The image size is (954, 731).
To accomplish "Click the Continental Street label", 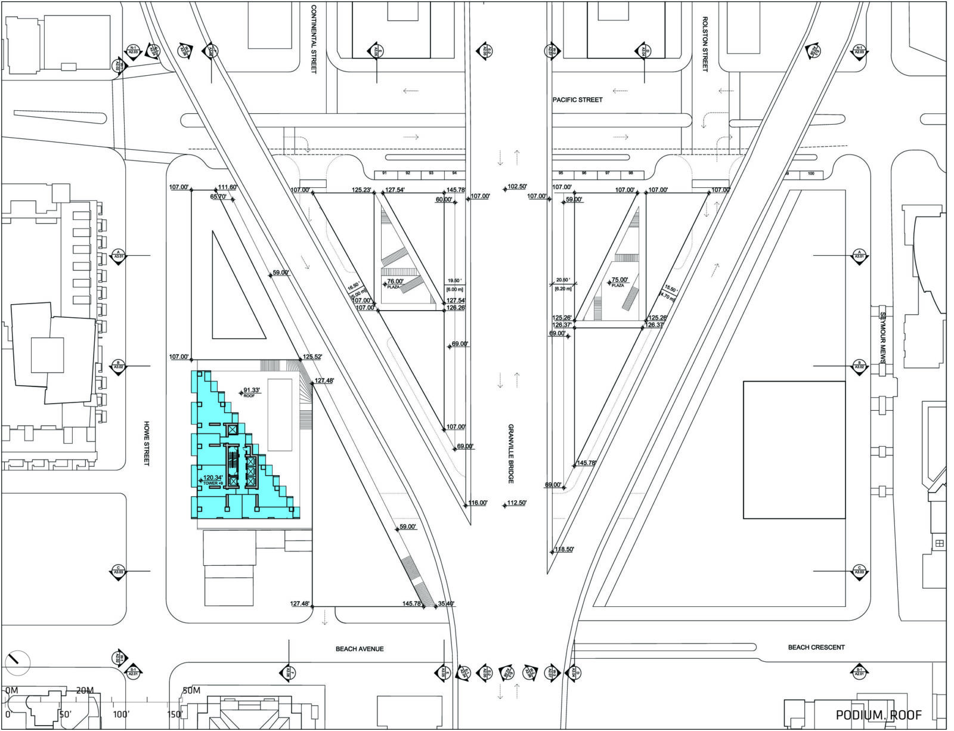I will pyautogui.click(x=314, y=40).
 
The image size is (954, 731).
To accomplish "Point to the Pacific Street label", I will pyautogui.click(x=577, y=100).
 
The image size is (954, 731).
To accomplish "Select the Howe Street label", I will pyautogui.click(x=146, y=444).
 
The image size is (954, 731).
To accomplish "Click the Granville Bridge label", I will pyautogui.click(x=511, y=454).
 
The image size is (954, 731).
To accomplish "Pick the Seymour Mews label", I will pyautogui.click(x=883, y=338).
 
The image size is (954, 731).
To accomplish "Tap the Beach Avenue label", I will pyautogui.click(x=360, y=649).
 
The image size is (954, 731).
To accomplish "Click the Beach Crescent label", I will pyautogui.click(x=816, y=647).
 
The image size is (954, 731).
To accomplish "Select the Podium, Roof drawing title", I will pyautogui.click(x=878, y=715).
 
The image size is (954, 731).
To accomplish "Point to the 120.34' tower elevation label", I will pyautogui.click(x=213, y=478).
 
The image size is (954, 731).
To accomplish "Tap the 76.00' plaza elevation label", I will pyautogui.click(x=395, y=282).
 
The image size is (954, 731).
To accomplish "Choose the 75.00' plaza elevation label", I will pyautogui.click(x=619, y=280).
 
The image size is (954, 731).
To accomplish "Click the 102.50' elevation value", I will pyautogui.click(x=517, y=187).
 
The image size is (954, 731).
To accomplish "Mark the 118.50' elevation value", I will pyautogui.click(x=564, y=549).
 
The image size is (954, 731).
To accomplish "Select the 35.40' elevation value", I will pyautogui.click(x=446, y=604).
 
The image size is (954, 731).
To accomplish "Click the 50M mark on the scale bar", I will pyautogui.click(x=191, y=691).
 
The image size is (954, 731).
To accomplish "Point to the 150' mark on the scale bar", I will pyautogui.click(x=174, y=714).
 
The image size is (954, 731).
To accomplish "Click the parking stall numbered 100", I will pyautogui.click(x=811, y=174).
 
